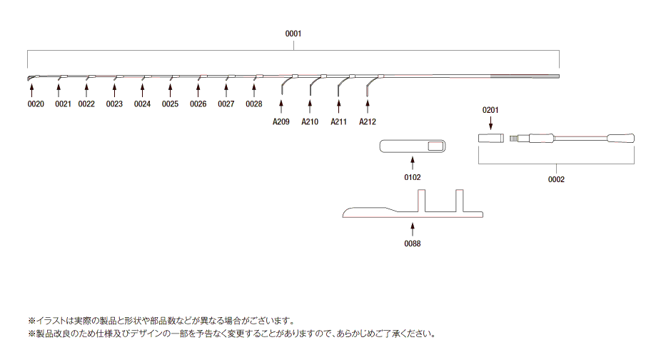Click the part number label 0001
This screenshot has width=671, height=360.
293,34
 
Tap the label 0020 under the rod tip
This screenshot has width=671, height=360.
36,104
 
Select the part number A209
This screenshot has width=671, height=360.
281,122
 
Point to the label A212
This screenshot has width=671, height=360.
368,122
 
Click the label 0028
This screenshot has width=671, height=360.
253,104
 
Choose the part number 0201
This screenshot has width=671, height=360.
490,110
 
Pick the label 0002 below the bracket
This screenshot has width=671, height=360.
556,180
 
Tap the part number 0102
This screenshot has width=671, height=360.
413,177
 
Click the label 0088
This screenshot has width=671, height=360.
413,244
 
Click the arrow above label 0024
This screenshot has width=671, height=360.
143,90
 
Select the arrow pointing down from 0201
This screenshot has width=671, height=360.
490,123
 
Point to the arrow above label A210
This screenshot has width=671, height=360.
310,106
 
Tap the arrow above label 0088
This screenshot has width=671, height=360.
413,229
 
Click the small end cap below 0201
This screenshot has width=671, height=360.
491,139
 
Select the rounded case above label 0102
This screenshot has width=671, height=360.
413,146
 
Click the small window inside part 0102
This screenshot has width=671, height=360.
435,146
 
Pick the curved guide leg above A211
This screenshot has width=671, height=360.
341,83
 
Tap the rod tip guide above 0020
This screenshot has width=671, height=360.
31,78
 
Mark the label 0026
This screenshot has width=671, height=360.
198,104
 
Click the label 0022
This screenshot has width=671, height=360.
86,104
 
